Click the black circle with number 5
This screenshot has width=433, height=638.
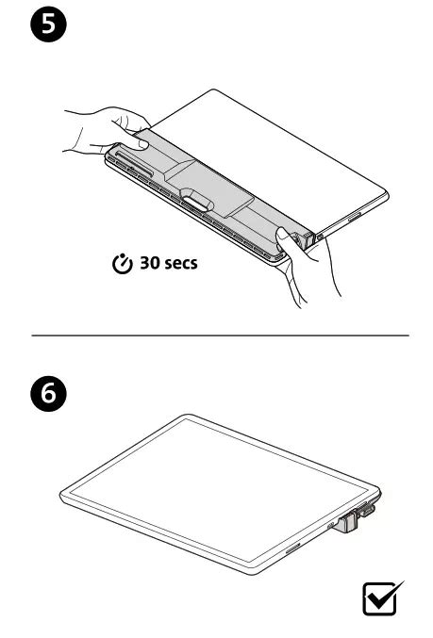click(x=48, y=24)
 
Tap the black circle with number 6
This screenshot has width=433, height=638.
click(x=48, y=394)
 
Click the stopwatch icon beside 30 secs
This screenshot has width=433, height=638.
click(x=123, y=264)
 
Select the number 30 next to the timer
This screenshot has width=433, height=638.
click(x=150, y=263)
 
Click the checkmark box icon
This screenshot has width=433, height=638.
click(x=381, y=598)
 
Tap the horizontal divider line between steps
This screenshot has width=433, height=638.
click(x=221, y=335)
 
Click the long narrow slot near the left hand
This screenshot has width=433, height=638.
click(x=134, y=164)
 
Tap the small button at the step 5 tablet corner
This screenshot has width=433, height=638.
click(x=320, y=236)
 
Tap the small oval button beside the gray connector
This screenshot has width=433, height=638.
click(x=331, y=526)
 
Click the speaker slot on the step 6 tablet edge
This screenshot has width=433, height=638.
click(x=293, y=548)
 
